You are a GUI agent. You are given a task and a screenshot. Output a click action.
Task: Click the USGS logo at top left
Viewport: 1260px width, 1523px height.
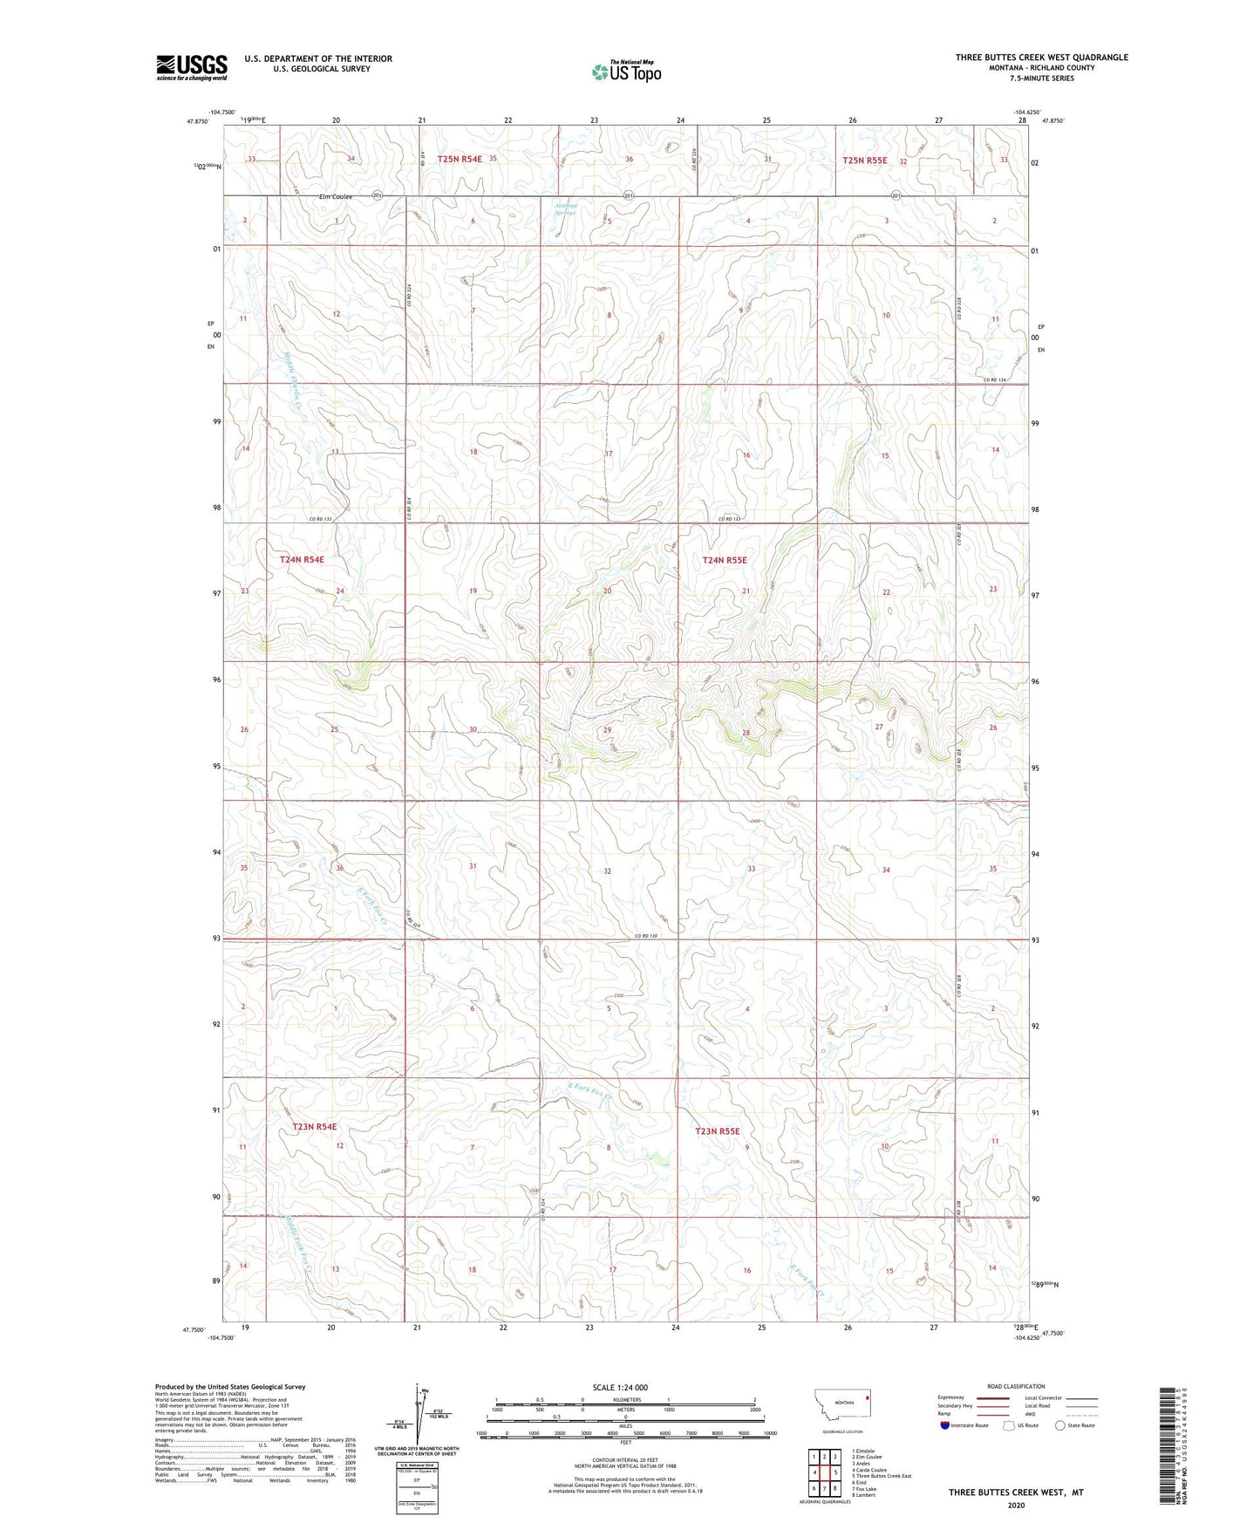click(192, 67)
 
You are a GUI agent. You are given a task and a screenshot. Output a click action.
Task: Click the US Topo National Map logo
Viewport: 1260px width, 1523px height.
click(627, 72)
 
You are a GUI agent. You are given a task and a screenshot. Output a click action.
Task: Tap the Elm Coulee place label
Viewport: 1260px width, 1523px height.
click(337, 197)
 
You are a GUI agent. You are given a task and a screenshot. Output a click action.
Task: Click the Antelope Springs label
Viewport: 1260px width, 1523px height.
click(565, 209)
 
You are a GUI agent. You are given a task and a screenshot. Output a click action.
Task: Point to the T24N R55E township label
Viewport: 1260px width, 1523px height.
click(725, 560)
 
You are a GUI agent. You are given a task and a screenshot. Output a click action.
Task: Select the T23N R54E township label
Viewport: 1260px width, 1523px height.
click(314, 1127)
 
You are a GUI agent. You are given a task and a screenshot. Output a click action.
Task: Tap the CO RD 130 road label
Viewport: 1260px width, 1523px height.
click(646, 937)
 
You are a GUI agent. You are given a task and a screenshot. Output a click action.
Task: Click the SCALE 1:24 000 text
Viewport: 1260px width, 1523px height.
click(620, 1388)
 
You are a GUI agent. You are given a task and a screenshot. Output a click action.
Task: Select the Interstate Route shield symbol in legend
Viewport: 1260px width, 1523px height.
click(945, 1425)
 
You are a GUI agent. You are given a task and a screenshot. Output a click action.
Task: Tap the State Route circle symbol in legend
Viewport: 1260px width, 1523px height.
click(1060, 1425)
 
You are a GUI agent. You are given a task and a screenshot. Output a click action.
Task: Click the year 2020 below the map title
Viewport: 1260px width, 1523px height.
click(1016, 1505)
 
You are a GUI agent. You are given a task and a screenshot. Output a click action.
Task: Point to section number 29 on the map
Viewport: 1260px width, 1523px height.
click(607, 730)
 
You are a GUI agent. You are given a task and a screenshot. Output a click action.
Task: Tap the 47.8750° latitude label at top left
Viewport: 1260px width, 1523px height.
click(198, 121)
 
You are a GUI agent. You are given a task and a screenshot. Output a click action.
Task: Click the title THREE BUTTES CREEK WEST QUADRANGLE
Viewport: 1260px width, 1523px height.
click(1041, 58)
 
